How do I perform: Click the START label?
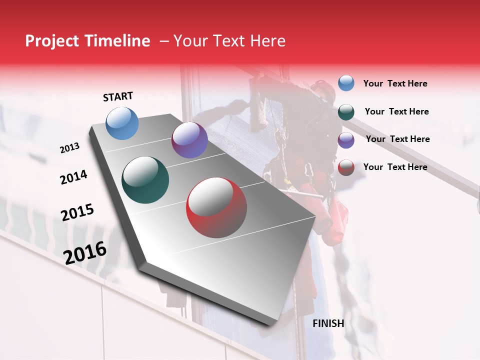118,96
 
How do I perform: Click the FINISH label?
328,323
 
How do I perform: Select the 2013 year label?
69,148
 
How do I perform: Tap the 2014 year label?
73,177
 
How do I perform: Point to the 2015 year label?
77,212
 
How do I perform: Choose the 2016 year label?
85,253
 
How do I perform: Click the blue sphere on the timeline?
122,123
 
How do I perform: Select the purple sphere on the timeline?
189,140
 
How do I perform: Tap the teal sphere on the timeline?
145,180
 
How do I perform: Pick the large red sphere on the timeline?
216,207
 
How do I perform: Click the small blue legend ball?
346,83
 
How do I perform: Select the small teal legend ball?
346,112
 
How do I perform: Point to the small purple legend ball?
346,140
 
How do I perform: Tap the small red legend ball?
346,167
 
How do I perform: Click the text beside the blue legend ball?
395,83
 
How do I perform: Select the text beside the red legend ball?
395,167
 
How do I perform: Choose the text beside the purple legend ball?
397,139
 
